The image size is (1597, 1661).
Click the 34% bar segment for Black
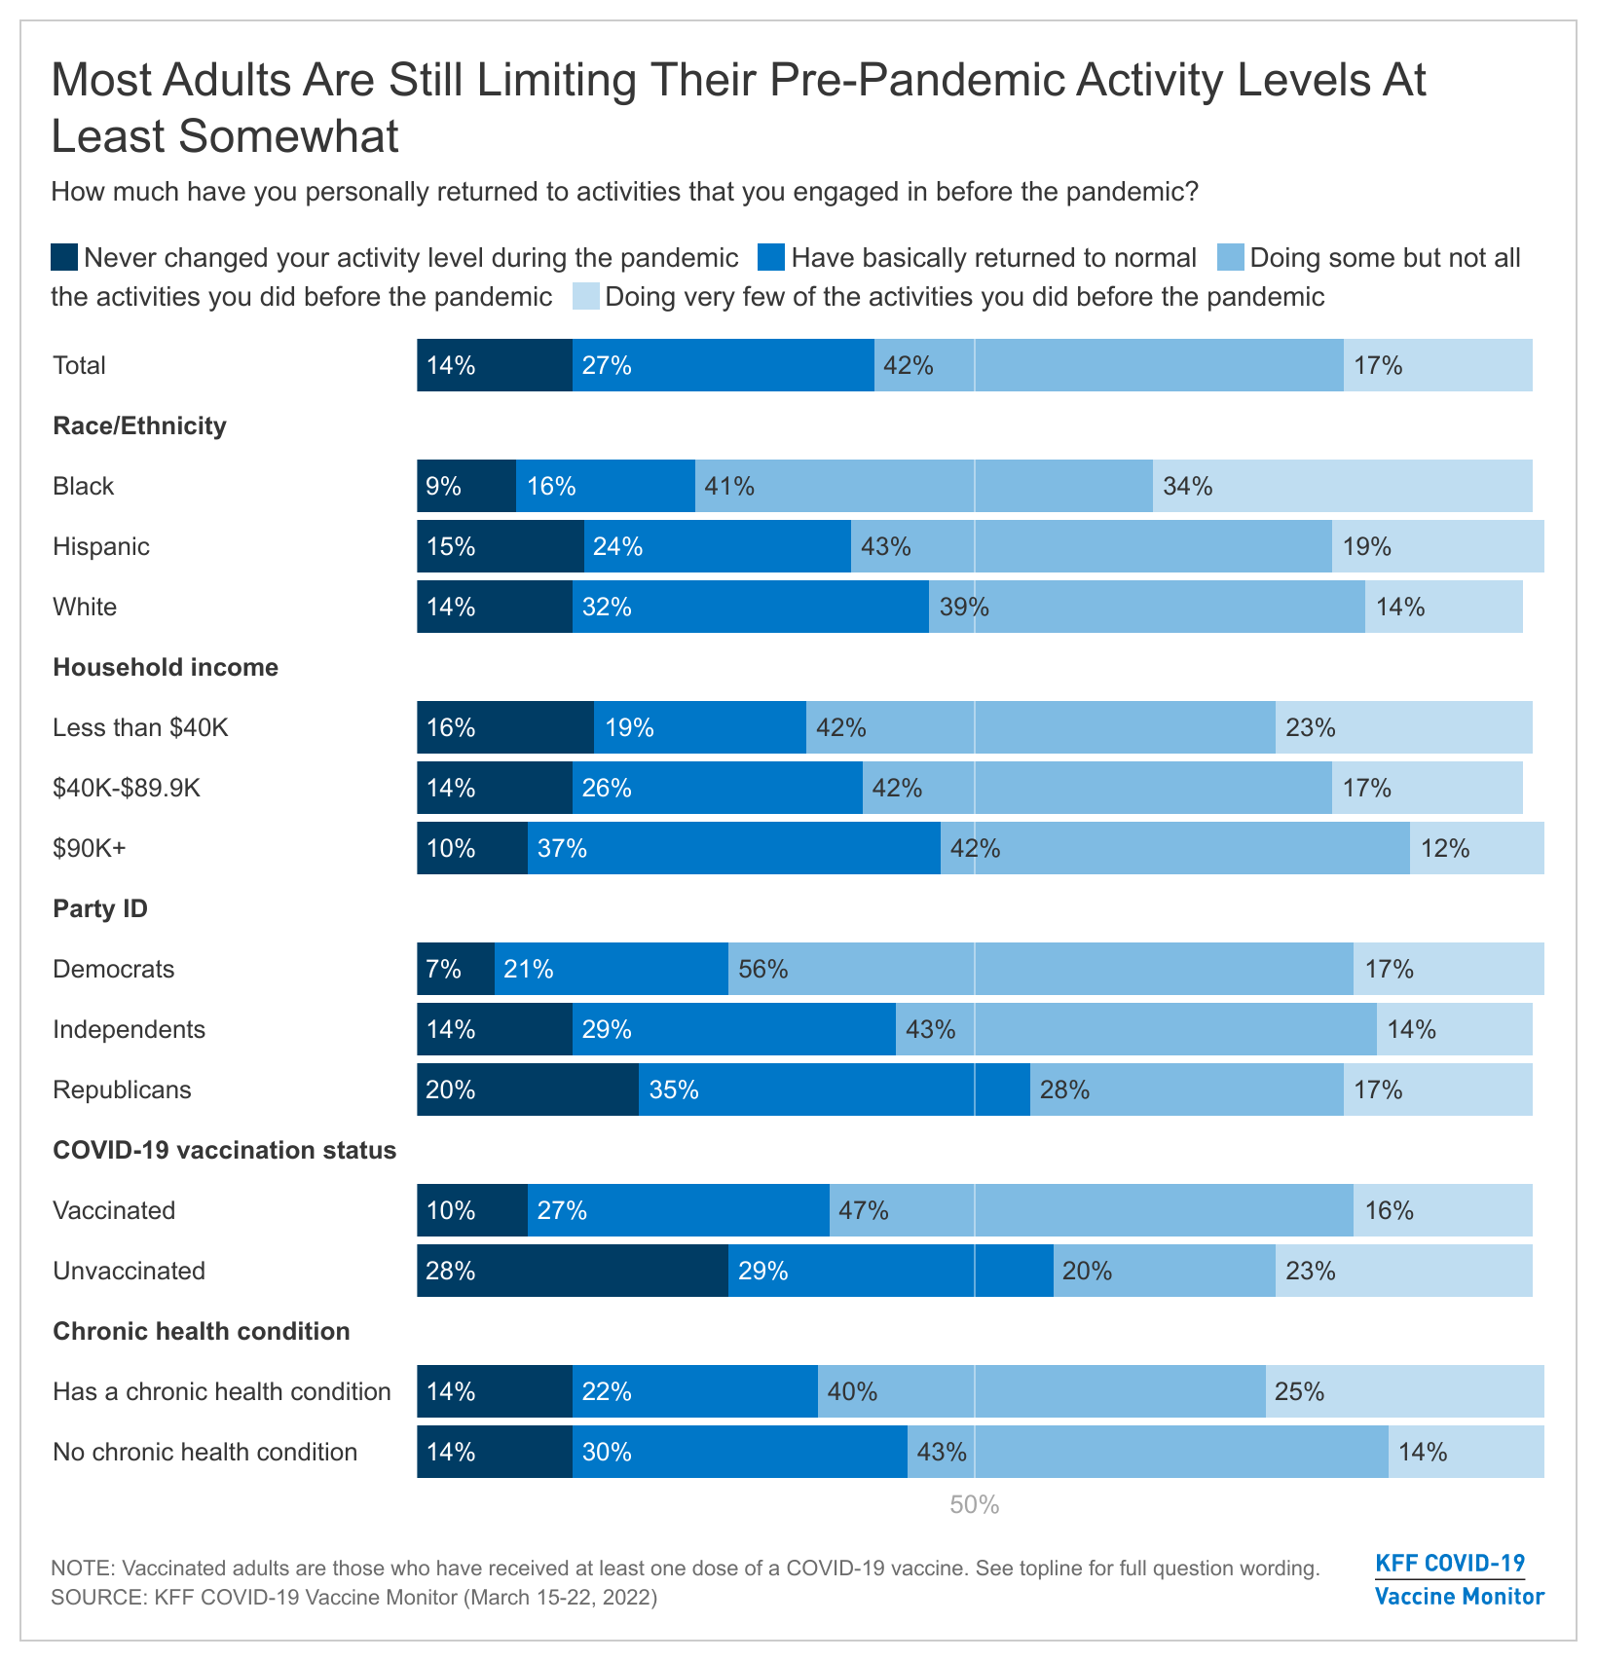pyautogui.click(x=1342, y=486)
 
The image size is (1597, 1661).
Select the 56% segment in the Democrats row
pyautogui.click(x=1040, y=969)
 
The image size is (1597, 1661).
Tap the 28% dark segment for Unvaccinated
pyautogui.click(x=573, y=1271)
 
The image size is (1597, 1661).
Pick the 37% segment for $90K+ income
pyautogui.click(x=734, y=848)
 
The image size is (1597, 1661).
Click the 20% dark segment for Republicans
pyautogui.click(x=528, y=1089)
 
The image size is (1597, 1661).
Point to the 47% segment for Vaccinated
pyautogui.click(x=1091, y=1210)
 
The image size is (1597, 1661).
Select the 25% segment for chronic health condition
pyautogui.click(x=1404, y=1391)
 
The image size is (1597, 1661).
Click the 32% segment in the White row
pyautogui.click(x=751, y=607)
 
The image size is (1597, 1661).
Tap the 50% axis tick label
pyautogui.click(x=975, y=1505)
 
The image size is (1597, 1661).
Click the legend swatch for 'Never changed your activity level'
pyautogui.click(x=64, y=258)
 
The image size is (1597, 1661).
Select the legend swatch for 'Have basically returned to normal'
pyautogui.click(x=771, y=258)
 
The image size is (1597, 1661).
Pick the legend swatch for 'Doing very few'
pyautogui.click(x=586, y=296)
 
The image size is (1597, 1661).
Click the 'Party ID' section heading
pyautogui.click(x=100, y=908)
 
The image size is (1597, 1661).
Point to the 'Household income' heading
pyautogui.click(x=166, y=667)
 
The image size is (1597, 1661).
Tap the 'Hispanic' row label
pyautogui.click(x=101, y=546)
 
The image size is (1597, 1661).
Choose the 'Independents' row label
pyautogui.click(x=129, y=1029)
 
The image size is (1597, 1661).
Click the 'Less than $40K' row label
pyautogui.click(x=140, y=727)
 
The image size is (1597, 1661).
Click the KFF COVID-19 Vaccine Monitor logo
pyautogui.click(x=1459, y=1579)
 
